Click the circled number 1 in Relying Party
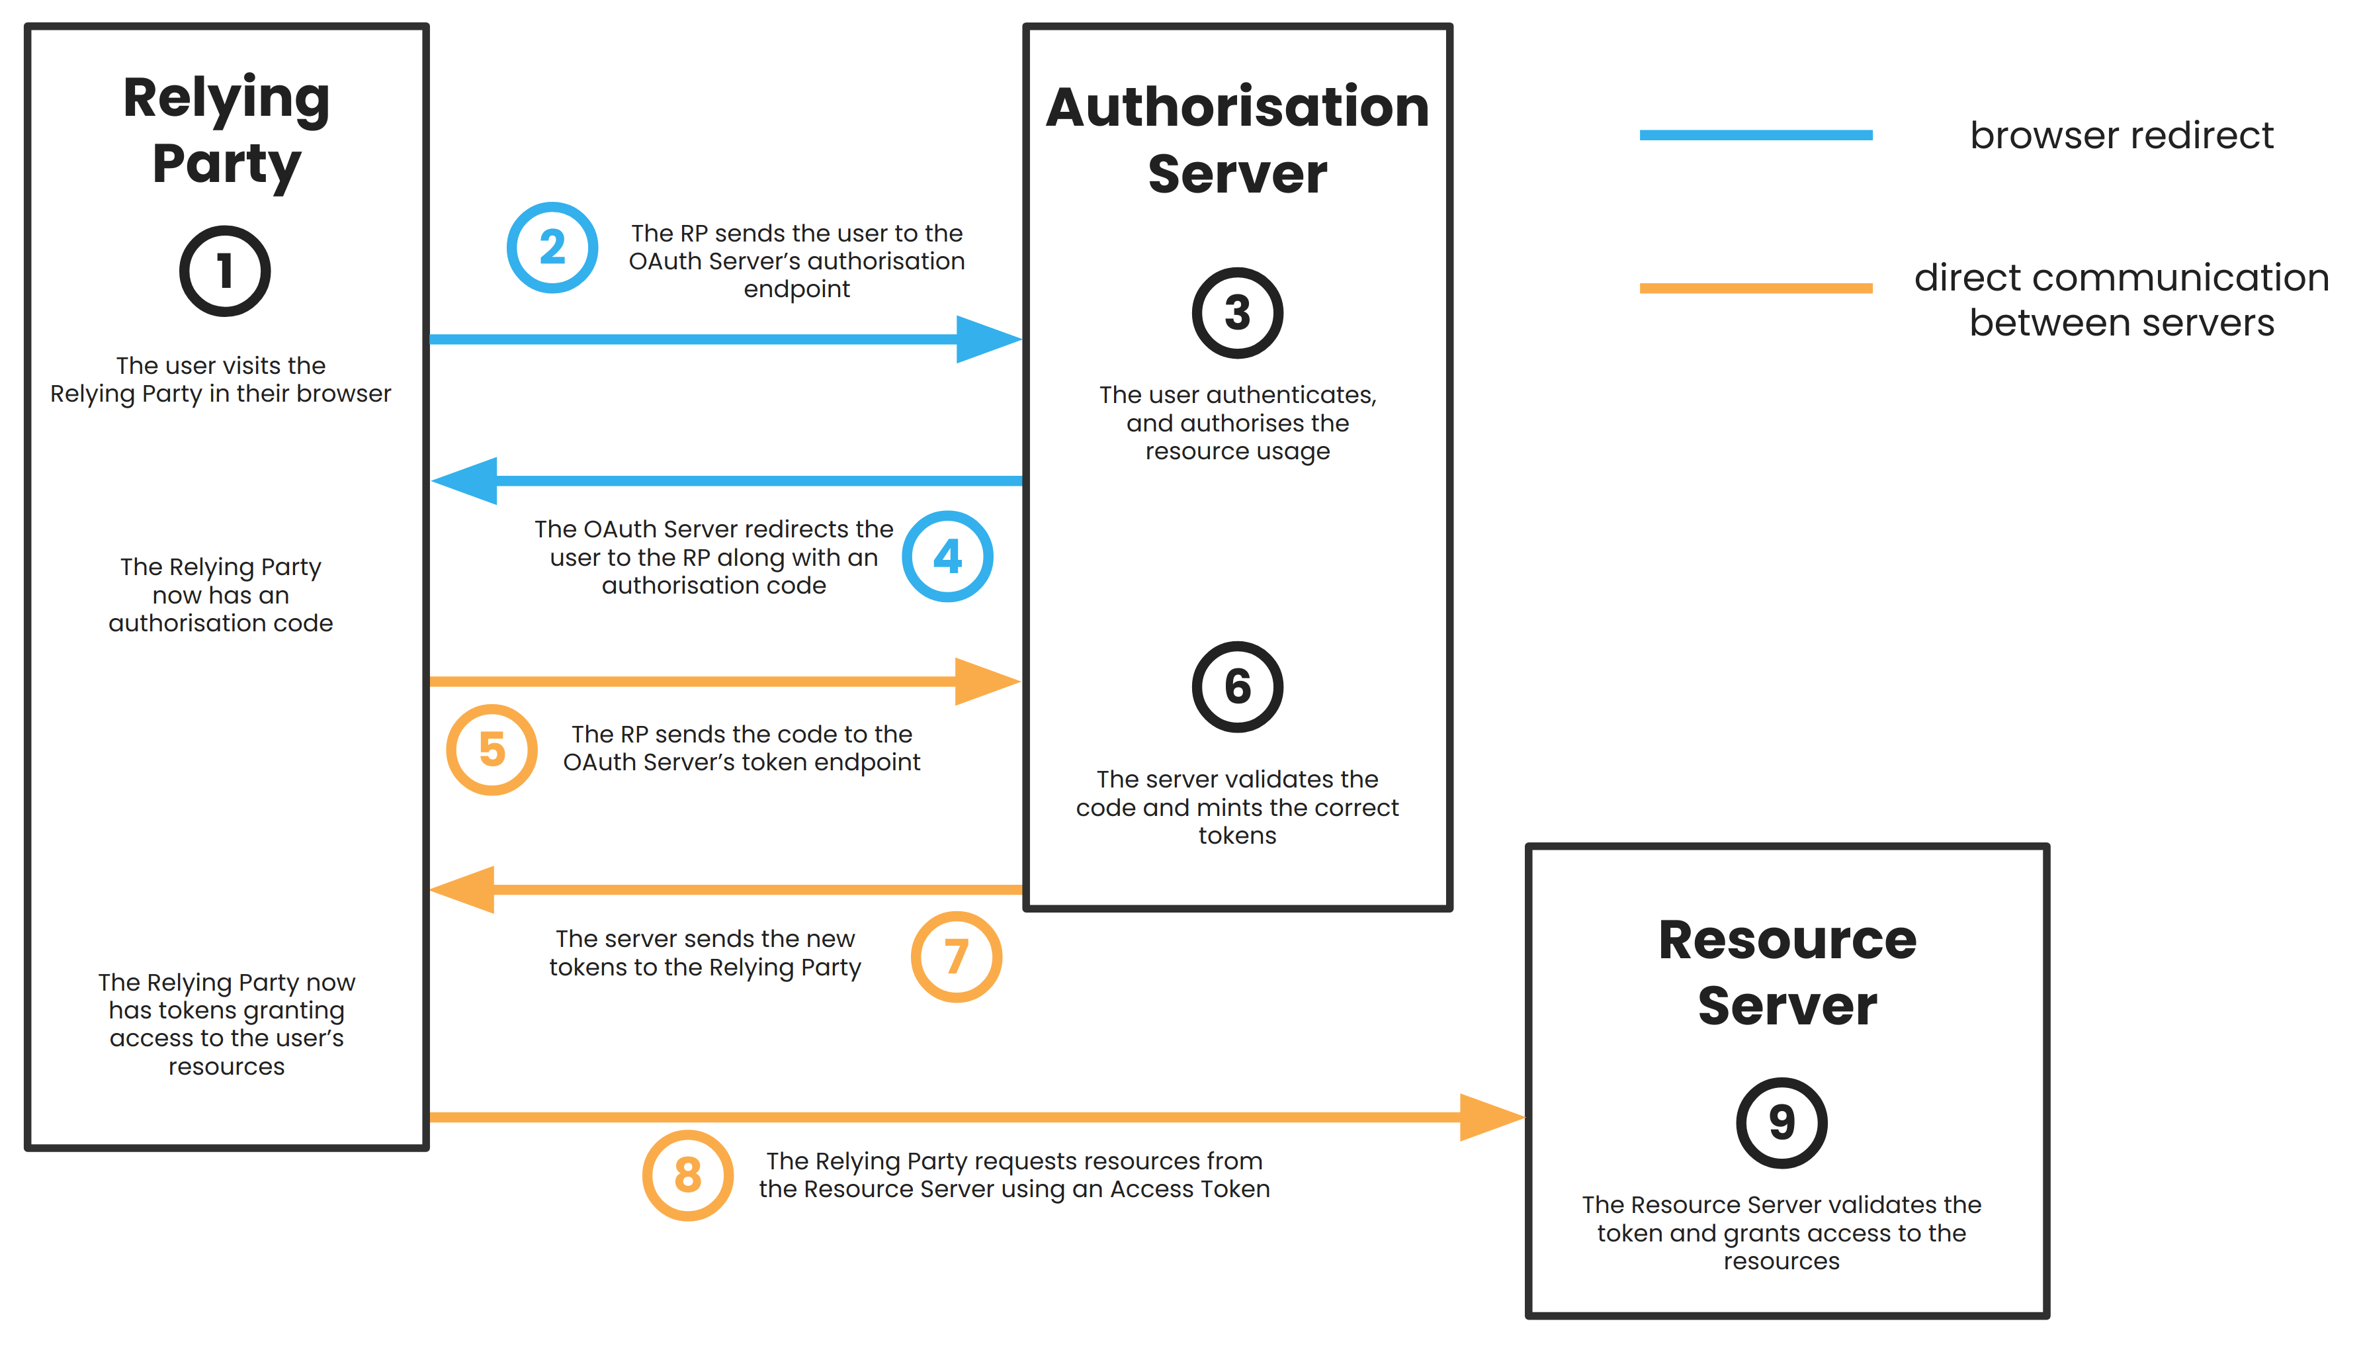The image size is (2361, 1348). point(225,271)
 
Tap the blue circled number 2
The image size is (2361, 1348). point(552,247)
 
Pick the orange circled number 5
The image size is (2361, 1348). point(492,749)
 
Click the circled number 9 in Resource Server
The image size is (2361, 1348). point(1781,1122)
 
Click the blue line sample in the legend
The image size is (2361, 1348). point(1755,135)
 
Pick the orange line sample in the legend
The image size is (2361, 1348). point(1755,288)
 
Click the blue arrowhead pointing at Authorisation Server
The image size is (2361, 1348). point(988,339)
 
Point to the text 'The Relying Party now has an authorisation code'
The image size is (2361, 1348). point(220,594)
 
